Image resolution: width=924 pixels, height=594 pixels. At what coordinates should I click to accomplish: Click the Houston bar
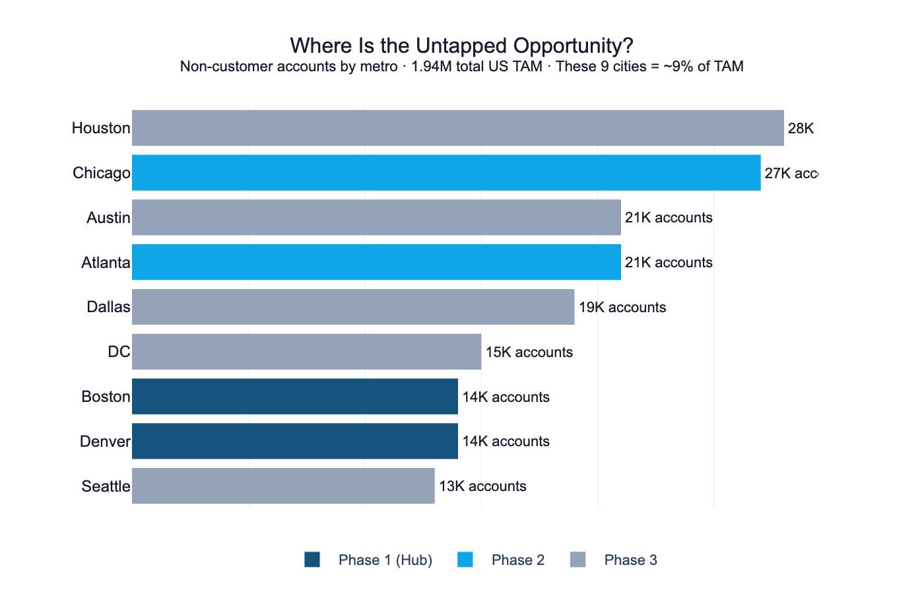457,128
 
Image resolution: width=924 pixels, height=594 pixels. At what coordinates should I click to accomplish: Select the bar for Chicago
446,173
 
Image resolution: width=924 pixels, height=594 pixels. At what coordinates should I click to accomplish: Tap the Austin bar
376,218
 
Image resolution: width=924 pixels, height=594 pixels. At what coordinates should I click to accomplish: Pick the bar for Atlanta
376,262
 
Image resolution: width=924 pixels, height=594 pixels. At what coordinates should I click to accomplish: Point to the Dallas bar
353,307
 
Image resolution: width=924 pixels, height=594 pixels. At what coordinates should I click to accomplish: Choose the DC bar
306,352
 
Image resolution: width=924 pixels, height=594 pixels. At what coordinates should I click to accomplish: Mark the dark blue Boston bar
295,397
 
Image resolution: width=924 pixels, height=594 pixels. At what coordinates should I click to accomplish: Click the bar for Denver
295,441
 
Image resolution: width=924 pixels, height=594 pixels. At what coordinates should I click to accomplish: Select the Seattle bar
283,486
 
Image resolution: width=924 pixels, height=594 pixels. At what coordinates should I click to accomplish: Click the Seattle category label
106,486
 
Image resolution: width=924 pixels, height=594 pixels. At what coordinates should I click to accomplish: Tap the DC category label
119,352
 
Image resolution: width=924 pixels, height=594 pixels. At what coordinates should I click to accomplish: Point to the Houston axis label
101,128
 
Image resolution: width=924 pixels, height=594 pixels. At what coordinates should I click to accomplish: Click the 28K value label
801,129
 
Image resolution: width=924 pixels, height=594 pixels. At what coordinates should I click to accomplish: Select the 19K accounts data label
622,308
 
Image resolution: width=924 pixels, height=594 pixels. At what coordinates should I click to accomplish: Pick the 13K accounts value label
482,486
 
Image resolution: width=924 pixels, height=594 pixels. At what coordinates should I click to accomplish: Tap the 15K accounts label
529,352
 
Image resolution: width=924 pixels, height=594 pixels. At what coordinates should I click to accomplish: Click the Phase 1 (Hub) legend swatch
312,560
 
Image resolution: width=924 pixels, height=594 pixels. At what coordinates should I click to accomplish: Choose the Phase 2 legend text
518,560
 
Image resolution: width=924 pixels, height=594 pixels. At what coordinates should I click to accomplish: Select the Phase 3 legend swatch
577,560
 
